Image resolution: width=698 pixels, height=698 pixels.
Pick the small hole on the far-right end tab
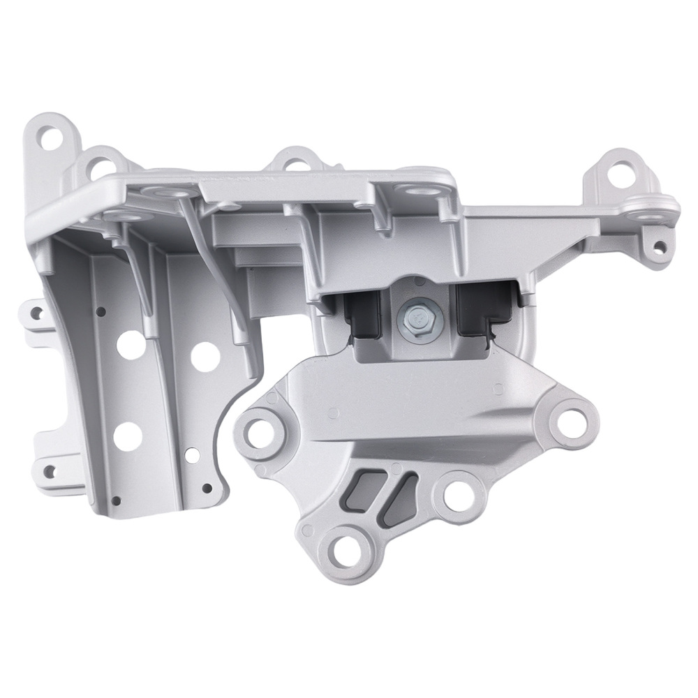coord(657,245)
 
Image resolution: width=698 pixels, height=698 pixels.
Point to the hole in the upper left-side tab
coord(33,313)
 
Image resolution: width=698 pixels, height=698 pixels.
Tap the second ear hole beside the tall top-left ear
coord(98,165)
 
